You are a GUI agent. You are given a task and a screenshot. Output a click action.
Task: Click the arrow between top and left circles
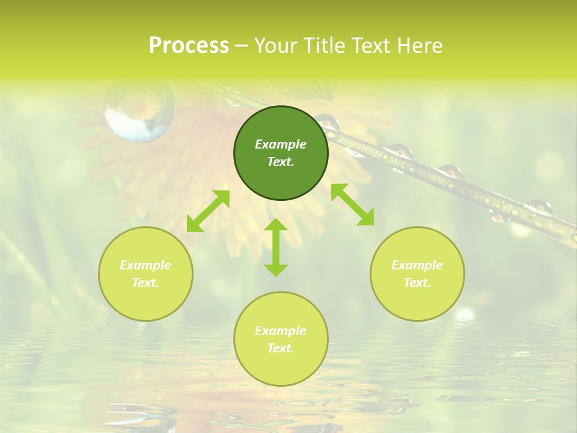pyautogui.click(x=208, y=211)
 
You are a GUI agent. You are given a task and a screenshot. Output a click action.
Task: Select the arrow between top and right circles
pyautogui.click(x=352, y=204)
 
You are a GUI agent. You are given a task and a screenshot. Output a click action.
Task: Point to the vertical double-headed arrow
pyautogui.click(x=276, y=247)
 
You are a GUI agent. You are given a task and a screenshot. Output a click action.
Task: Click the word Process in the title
pyautogui.click(x=189, y=45)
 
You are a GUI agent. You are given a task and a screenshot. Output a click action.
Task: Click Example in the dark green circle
pyautogui.click(x=281, y=144)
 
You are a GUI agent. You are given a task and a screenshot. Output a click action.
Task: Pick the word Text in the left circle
pyautogui.click(x=145, y=283)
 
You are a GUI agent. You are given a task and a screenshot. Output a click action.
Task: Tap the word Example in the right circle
pyautogui.click(x=417, y=265)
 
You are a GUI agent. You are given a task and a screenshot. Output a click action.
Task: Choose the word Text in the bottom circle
pyautogui.click(x=281, y=348)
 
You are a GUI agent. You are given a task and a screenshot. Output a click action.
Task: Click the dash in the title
pyautogui.click(x=242, y=46)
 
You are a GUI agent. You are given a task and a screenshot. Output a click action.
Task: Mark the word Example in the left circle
pyautogui.click(x=145, y=265)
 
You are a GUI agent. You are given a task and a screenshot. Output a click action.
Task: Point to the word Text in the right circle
pyautogui.click(x=417, y=283)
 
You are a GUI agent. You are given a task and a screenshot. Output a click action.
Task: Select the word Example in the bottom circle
pyautogui.click(x=281, y=331)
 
